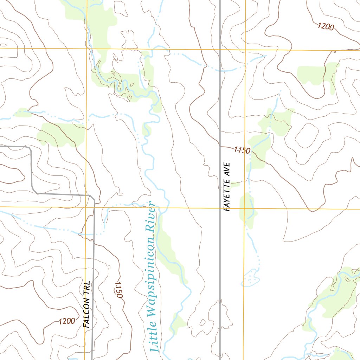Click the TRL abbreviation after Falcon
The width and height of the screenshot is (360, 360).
pos(86,288)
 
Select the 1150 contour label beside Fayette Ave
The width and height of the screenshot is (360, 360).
pos(242,150)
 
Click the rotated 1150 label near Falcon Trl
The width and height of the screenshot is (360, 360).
pos(118,290)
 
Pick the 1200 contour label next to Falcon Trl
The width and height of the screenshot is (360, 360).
pos(67,321)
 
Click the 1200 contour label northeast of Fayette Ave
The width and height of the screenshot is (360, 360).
pos(326,26)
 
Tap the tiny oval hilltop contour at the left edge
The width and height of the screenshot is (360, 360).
pos(3,45)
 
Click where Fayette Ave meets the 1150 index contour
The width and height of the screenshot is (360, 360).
pos(220,146)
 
